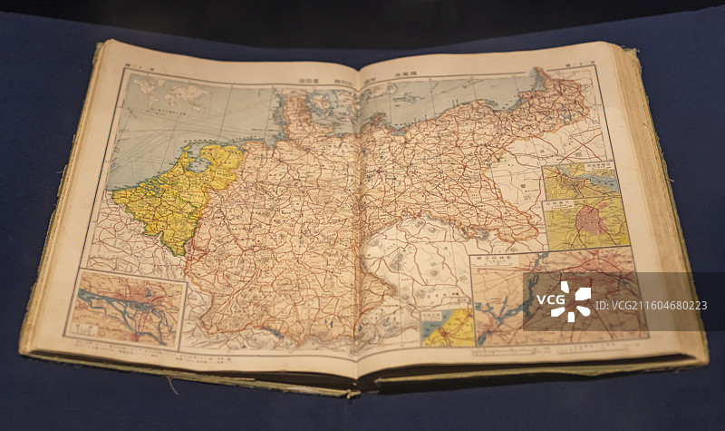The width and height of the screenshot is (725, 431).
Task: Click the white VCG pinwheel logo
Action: (x=570, y=302)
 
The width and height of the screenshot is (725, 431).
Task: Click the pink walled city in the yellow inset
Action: (x=590, y=221)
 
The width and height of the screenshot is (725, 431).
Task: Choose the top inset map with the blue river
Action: (x=580, y=179)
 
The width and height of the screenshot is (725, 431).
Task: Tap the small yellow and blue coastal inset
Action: (x=448, y=327)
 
